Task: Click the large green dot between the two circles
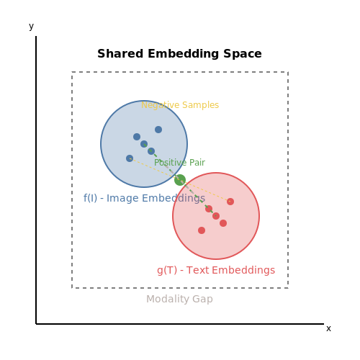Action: pyautogui.click(x=180, y=180)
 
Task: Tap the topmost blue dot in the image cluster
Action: pyautogui.click(x=158, y=130)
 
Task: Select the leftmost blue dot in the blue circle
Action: pyautogui.click(x=130, y=158)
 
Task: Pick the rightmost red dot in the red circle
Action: pyautogui.click(x=230, y=202)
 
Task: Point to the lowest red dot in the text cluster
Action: pyautogui.click(x=202, y=230)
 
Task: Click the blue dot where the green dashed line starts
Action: pyautogui.click(x=144, y=144)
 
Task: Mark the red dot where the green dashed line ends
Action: pyautogui.click(x=216, y=216)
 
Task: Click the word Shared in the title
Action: pyautogui.click(x=120, y=53)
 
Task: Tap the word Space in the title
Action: pyautogui.click(x=243, y=54)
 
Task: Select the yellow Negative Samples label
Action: pyautogui.click(x=180, y=105)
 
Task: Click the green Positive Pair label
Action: pyautogui.click(x=179, y=163)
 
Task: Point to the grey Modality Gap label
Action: pyautogui.click(x=179, y=300)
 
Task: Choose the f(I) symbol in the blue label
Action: pyautogui.click(x=90, y=198)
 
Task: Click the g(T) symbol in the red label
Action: pyautogui.click(x=167, y=271)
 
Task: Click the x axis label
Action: pyautogui.click(x=328, y=328)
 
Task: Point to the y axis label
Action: pyautogui.click(x=31, y=27)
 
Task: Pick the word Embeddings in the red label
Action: pyautogui.click(x=243, y=271)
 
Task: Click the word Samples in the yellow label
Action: pyautogui.click(x=201, y=105)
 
